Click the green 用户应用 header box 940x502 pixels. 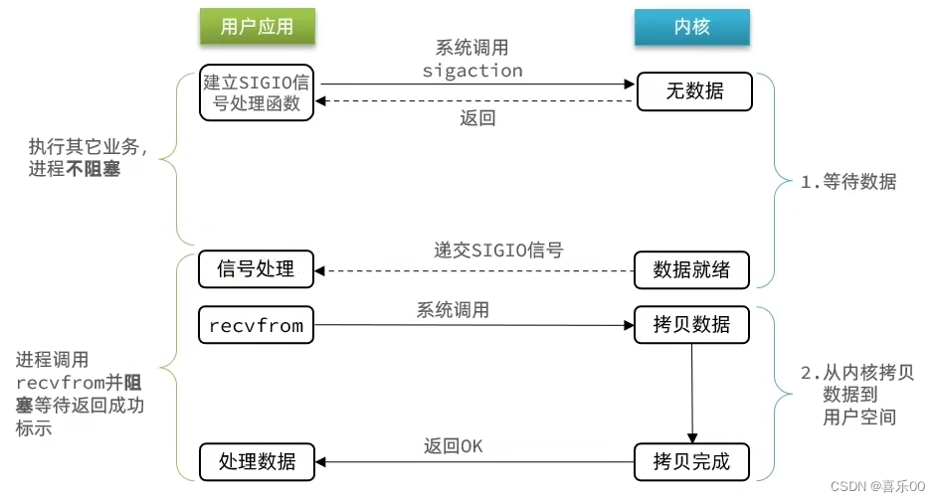(257, 27)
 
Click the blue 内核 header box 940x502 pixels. (691, 27)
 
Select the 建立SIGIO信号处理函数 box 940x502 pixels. (256, 92)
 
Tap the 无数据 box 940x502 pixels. (694, 92)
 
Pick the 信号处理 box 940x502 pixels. (256, 268)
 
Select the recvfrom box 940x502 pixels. (256, 325)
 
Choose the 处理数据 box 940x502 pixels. (256, 460)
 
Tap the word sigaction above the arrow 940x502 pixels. (471, 71)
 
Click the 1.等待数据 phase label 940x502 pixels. (848, 182)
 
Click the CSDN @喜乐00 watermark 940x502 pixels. (876, 487)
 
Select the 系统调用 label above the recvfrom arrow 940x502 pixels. (453, 310)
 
